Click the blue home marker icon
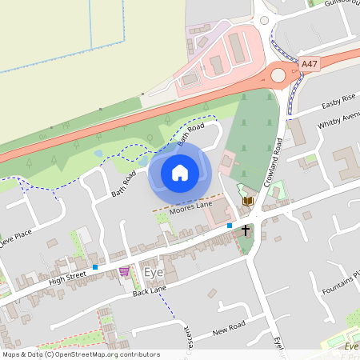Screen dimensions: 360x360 (x=180, y=172)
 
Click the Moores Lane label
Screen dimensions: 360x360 (x=186, y=206)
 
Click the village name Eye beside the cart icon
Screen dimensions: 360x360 (x=153, y=272)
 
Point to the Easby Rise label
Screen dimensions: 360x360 (x=338, y=102)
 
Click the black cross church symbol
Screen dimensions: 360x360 (x=245, y=230)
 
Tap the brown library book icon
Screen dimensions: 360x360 (x=247, y=200)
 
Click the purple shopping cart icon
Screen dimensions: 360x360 (x=124, y=272)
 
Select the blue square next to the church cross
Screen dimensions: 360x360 (x=230, y=226)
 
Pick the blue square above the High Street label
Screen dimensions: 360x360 (x=94, y=266)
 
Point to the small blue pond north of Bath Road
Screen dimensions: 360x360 (x=98, y=152)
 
